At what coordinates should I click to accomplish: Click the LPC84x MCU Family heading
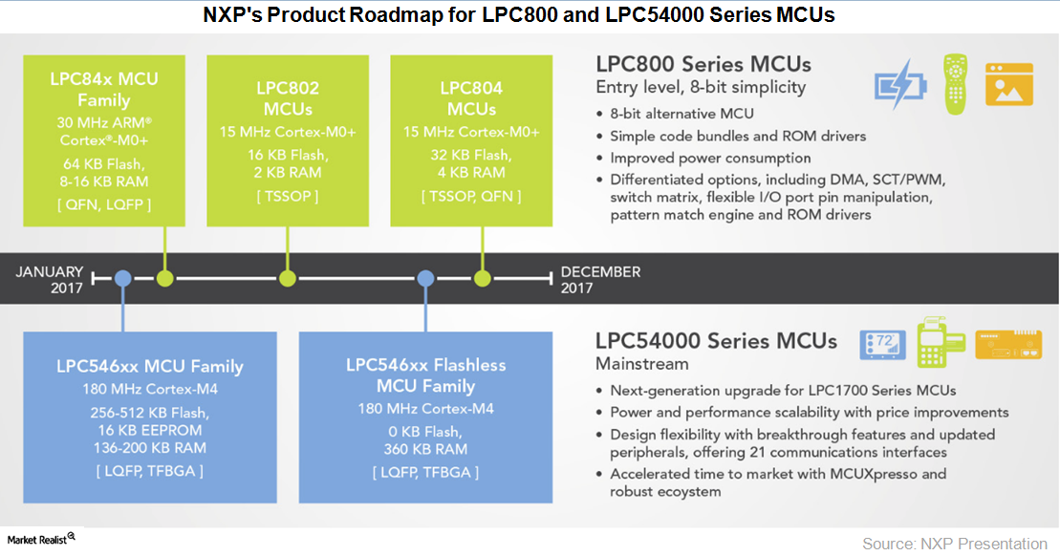(x=104, y=88)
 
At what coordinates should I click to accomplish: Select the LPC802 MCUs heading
(x=288, y=97)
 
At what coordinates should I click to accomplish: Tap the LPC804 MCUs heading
(x=471, y=97)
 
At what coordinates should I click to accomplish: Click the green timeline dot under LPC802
(x=288, y=278)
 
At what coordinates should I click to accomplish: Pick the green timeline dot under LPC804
(x=481, y=278)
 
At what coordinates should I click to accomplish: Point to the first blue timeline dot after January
(x=122, y=278)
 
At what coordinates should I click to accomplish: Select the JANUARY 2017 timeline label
(x=49, y=279)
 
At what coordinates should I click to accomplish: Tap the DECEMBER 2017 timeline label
(x=601, y=279)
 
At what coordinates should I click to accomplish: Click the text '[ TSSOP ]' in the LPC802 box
(x=288, y=196)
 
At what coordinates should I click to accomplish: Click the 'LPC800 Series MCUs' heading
(x=703, y=65)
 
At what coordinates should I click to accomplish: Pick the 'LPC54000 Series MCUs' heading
(x=716, y=341)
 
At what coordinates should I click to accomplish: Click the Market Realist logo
(x=39, y=540)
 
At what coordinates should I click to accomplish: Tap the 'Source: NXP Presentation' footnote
(x=954, y=543)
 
